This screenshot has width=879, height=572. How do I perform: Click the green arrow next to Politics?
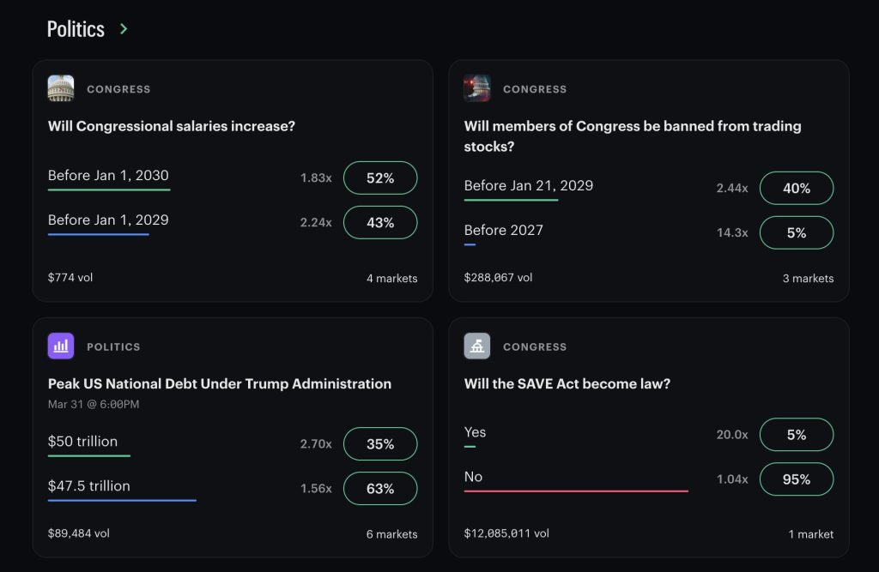tap(124, 28)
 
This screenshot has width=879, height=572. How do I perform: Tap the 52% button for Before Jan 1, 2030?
tap(380, 178)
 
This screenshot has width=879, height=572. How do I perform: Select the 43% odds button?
tap(380, 222)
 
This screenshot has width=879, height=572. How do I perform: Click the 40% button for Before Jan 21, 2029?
tap(796, 188)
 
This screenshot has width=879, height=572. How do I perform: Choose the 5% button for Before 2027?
tap(796, 232)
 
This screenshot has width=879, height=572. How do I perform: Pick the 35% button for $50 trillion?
tap(380, 443)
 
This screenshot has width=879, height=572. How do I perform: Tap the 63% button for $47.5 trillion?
tap(380, 489)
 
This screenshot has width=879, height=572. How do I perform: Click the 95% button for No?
tap(796, 479)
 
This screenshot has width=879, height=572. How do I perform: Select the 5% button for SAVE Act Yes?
tap(796, 434)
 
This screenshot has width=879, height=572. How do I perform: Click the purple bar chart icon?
tap(61, 346)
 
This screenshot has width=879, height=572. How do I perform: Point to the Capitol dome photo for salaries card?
tap(61, 88)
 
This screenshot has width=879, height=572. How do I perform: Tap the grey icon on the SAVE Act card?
tap(477, 346)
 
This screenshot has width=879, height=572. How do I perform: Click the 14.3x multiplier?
tap(732, 232)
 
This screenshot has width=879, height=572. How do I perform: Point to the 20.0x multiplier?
tap(732, 434)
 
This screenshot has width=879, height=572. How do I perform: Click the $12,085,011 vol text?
tap(506, 533)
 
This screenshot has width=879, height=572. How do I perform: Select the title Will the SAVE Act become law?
tap(567, 383)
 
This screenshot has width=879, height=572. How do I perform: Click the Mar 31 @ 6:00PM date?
tap(94, 404)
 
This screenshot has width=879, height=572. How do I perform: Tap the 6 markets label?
tap(391, 534)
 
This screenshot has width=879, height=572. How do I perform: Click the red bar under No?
tap(576, 491)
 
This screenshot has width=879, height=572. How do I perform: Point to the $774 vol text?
tap(70, 277)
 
